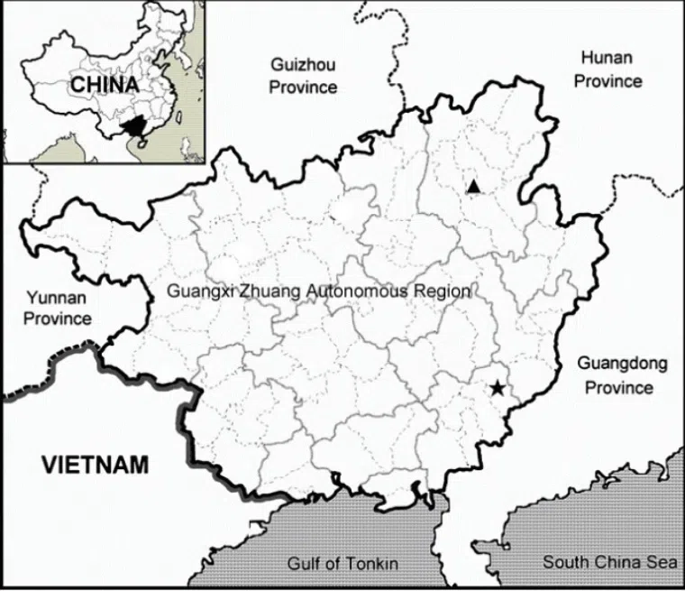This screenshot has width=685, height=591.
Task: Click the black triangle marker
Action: pyautogui.click(x=473, y=187)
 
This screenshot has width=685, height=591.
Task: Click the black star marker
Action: pyautogui.click(x=498, y=389)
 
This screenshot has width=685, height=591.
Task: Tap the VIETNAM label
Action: pyautogui.click(x=95, y=466)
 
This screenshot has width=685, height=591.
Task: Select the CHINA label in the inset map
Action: pyautogui.click(x=105, y=85)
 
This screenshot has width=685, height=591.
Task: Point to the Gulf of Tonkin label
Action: pyautogui.click(x=342, y=564)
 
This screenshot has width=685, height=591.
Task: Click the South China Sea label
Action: pyautogui.click(x=609, y=562)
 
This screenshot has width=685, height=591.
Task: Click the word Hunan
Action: pyautogui.click(x=607, y=58)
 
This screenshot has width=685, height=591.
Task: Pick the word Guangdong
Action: pyautogui.click(x=622, y=365)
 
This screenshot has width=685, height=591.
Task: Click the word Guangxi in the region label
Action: pyautogui.click(x=200, y=291)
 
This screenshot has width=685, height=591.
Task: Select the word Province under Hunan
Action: pyautogui.click(x=608, y=80)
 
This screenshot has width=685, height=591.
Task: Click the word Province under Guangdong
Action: pyautogui.click(x=619, y=388)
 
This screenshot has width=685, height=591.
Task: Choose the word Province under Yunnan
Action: pyautogui.click(x=58, y=319)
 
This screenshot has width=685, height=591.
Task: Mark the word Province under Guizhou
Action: pyautogui.click(x=303, y=88)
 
